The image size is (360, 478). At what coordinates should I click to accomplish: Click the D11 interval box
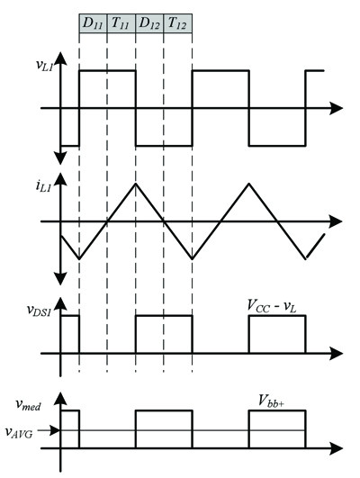[x=93, y=23]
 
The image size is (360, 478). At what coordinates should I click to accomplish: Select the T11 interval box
[x=121, y=23]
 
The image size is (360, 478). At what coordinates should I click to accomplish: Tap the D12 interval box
[x=149, y=23]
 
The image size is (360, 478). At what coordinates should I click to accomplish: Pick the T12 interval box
[x=178, y=23]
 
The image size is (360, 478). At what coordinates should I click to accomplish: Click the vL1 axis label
[x=44, y=65]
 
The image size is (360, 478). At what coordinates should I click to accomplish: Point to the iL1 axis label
[x=42, y=186]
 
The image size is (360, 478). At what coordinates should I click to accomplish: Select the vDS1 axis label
[x=39, y=311]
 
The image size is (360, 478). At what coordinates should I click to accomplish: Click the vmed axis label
[x=28, y=404]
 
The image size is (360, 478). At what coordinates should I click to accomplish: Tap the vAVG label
[x=19, y=433]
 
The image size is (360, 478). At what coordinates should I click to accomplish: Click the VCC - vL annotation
[x=272, y=306]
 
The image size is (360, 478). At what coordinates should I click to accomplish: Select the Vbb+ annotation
[x=271, y=401]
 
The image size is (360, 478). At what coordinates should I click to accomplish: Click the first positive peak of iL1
[x=136, y=183]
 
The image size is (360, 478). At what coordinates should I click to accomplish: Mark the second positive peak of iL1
[x=249, y=183]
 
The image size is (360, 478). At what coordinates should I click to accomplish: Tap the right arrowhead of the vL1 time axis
[x=336, y=108]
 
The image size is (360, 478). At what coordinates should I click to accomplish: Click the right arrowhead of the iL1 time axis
[x=336, y=221]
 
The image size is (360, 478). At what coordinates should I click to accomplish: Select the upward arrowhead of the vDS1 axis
[x=61, y=303]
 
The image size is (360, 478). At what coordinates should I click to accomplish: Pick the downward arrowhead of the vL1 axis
[x=61, y=158]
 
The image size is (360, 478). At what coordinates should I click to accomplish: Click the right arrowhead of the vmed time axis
[x=336, y=448]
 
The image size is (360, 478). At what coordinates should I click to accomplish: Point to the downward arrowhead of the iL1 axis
[x=61, y=278]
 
